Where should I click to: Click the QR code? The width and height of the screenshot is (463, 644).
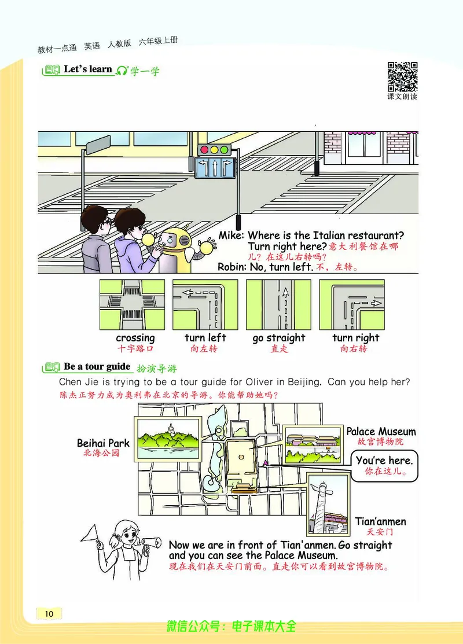[x=402, y=77]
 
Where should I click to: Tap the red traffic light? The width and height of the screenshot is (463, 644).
[x=204, y=150]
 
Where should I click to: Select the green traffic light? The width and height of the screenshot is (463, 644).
[x=225, y=150]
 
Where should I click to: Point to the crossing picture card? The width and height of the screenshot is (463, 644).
[x=133, y=304]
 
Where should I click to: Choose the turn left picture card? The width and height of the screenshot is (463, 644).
[x=205, y=304]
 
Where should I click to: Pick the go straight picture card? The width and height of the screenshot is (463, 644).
[x=278, y=304]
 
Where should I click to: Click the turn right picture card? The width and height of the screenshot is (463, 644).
[x=352, y=304]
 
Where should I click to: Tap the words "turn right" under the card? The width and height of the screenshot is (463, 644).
[x=356, y=338]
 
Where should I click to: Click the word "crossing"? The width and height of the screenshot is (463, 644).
[x=135, y=338]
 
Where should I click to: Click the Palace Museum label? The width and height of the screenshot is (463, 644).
[x=381, y=431]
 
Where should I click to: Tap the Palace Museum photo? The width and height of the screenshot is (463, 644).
[x=313, y=445]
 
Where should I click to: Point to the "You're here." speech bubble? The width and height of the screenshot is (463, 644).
[x=384, y=466]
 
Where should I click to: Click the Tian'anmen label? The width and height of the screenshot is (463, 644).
[x=380, y=521]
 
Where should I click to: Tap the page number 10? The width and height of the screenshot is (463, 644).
[x=49, y=613]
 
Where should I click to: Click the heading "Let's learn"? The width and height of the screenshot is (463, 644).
[x=88, y=69]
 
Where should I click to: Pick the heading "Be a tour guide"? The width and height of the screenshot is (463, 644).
[x=97, y=366]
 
